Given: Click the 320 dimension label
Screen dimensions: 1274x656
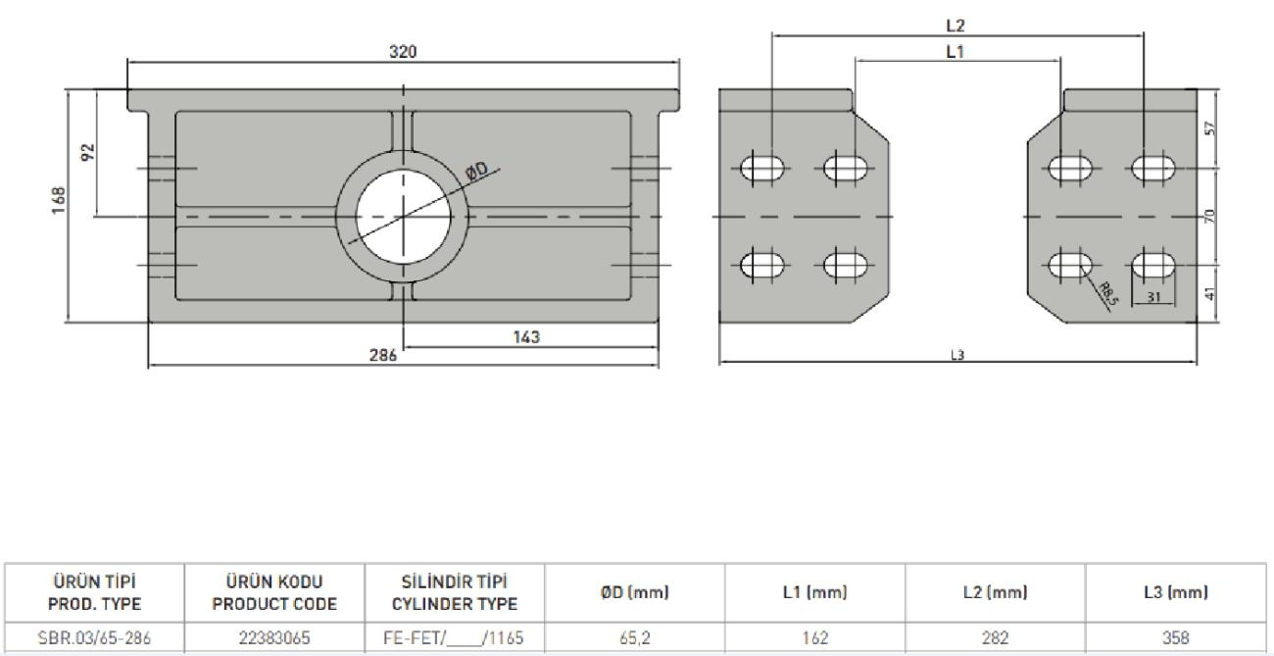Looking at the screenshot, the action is point(403,52).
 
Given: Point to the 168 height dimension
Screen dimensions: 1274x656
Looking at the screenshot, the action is point(59,200).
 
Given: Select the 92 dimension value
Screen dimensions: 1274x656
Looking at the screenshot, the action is point(88,152).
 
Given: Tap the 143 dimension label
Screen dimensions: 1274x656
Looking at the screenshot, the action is point(526,337).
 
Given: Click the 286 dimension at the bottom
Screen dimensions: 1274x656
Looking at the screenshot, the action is point(383,355).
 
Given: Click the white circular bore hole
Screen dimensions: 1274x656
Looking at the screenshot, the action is point(403,217).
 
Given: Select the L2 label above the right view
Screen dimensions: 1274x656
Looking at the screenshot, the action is point(955,25).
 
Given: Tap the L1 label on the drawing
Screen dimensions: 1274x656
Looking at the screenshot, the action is point(955,52).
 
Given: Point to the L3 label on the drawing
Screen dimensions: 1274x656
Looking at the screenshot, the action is point(957,355).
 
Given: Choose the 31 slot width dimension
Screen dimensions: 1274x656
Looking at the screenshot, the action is point(1153,297).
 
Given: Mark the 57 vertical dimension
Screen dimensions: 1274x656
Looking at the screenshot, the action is point(1210,128).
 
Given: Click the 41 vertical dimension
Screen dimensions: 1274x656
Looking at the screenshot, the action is point(1210,293).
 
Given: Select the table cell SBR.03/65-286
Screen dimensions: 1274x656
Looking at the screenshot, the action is point(94,637).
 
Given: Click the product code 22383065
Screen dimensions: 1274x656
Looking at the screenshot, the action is point(274,637).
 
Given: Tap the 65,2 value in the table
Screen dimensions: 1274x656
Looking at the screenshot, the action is point(635,637).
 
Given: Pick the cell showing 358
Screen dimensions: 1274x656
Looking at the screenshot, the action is point(1176,637).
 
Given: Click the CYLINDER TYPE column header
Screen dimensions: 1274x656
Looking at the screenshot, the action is point(455,604).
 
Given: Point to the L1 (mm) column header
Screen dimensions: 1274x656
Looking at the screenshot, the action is point(815,592).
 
